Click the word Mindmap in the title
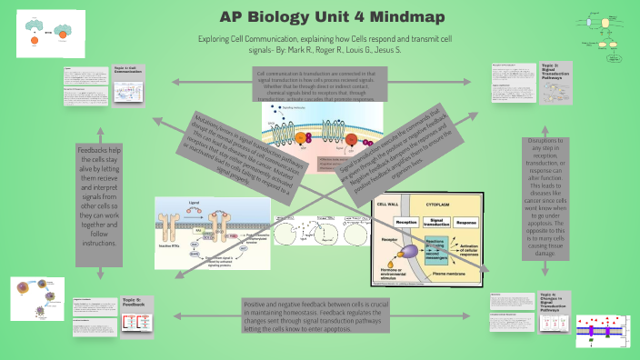coord(378,17)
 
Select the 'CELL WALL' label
coord(390,206)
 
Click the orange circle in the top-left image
coord(35,40)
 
